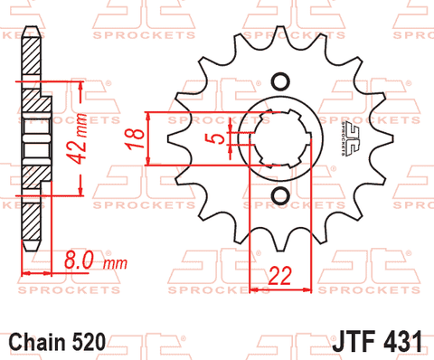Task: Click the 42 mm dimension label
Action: coord(77,138)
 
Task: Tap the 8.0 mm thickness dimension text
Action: coord(96,261)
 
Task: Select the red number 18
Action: coord(135,138)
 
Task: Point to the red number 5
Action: coord(219,138)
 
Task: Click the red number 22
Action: coord(280,276)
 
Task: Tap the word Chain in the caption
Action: coord(38,342)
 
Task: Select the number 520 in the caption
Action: coord(89,342)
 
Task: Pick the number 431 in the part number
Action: coord(402,341)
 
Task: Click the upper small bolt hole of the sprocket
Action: coord(280,81)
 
